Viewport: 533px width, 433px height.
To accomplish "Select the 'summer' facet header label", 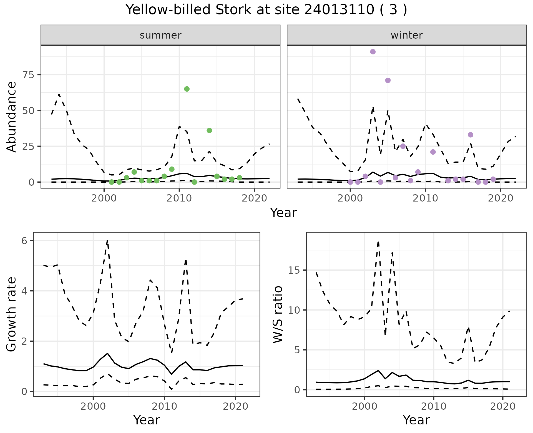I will (x=160, y=35).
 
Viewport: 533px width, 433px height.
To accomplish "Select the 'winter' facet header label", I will (x=406, y=35).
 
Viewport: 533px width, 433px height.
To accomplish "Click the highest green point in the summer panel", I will (x=187, y=89).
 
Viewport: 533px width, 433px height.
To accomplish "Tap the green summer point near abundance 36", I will (x=209, y=130).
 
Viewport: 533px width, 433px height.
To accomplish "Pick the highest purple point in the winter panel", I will (x=373, y=52).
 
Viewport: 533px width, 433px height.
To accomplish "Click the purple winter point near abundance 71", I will (x=388, y=80).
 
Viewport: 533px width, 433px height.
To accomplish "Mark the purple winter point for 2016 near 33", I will (x=471, y=135).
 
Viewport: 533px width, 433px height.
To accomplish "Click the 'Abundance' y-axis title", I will (x=12, y=117).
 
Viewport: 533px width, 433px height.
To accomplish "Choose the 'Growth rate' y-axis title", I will (x=12, y=314).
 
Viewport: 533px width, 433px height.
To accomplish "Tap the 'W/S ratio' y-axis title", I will (x=278, y=314).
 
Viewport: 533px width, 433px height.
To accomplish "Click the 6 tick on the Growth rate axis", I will (x=24, y=241).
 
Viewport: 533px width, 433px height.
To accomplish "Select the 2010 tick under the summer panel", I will (x=179, y=198).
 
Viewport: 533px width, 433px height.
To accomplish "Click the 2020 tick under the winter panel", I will (x=501, y=198).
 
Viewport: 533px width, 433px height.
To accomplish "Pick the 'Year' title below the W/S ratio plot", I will (x=416, y=420).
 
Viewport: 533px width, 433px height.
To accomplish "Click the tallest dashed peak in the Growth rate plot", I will (x=107, y=240).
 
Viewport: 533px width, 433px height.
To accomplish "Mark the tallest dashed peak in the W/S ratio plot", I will (x=378, y=242).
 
